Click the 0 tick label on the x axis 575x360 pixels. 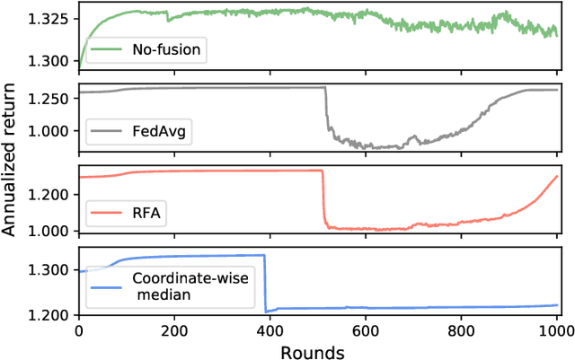pyautogui.click(x=79, y=330)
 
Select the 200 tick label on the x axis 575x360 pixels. pyautogui.click(x=174, y=330)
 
